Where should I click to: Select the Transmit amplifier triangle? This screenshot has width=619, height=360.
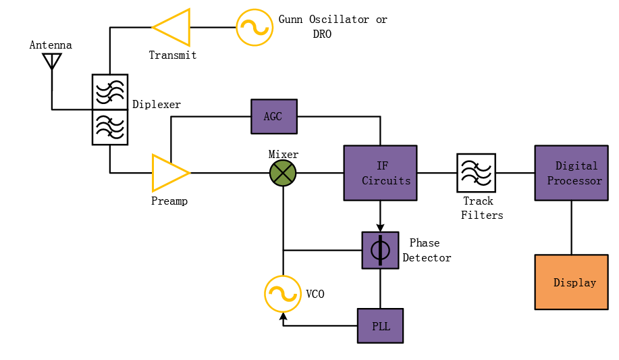(x=173, y=28)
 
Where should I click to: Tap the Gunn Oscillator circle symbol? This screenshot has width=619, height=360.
(x=254, y=28)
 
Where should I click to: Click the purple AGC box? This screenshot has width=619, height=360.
(x=274, y=116)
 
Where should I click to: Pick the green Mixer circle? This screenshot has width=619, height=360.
(x=283, y=173)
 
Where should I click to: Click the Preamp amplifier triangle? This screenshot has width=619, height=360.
(x=169, y=173)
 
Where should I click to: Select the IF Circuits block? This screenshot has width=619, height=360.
(x=380, y=173)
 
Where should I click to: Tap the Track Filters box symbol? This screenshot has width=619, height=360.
(x=477, y=173)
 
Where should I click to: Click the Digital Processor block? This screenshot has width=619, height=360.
(x=572, y=173)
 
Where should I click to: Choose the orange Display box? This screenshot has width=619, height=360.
(x=572, y=282)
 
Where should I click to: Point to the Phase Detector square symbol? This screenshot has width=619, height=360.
(x=380, y=251)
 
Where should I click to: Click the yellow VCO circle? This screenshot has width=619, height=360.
(x=283, y=294)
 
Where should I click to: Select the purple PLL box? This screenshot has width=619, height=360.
(x=380, y=326)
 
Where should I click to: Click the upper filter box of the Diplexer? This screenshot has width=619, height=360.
(x=110, y=92)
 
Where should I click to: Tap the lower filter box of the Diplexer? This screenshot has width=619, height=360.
(x=110, y=127)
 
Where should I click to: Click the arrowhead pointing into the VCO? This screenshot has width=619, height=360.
(x=283, y=315)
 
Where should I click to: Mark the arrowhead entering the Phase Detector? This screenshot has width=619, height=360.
(x=380, y=228)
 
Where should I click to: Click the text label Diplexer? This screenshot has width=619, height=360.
(x=157, y=104)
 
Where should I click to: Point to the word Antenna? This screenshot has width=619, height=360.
(x=51, y=45)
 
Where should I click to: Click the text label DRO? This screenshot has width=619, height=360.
(x=322, y=34)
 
